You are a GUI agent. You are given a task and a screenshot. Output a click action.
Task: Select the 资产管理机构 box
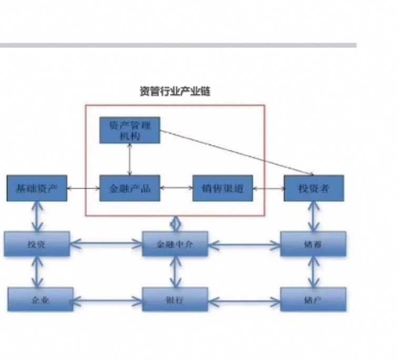(130, 130)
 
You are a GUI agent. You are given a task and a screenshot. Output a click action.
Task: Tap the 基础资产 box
(37, 188)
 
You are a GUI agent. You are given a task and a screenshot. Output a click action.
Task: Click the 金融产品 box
(130, 188)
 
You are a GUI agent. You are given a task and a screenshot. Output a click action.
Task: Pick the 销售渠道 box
(222, 188)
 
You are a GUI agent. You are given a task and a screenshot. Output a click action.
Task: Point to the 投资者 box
(314, 188)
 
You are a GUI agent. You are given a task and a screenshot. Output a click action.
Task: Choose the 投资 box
(37, 244)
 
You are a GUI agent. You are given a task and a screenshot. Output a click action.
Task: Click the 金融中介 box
(175, 244)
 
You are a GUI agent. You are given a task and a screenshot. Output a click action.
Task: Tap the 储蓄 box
(314, 244)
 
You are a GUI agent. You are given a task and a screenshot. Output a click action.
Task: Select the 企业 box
(40, 300)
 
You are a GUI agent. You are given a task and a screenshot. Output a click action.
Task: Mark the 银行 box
(175, 300)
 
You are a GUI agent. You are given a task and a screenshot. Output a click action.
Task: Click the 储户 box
(314, 300)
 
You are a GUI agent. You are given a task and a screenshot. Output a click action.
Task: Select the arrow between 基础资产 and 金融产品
(83, 188)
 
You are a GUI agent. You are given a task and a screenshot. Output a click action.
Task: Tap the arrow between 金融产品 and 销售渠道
(176, 187)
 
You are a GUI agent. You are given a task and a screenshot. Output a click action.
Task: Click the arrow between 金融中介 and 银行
(175, 273)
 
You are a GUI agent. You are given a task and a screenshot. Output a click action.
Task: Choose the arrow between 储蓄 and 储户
(314, 273)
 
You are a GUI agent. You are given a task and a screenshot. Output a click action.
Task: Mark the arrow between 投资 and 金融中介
(106, 244)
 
